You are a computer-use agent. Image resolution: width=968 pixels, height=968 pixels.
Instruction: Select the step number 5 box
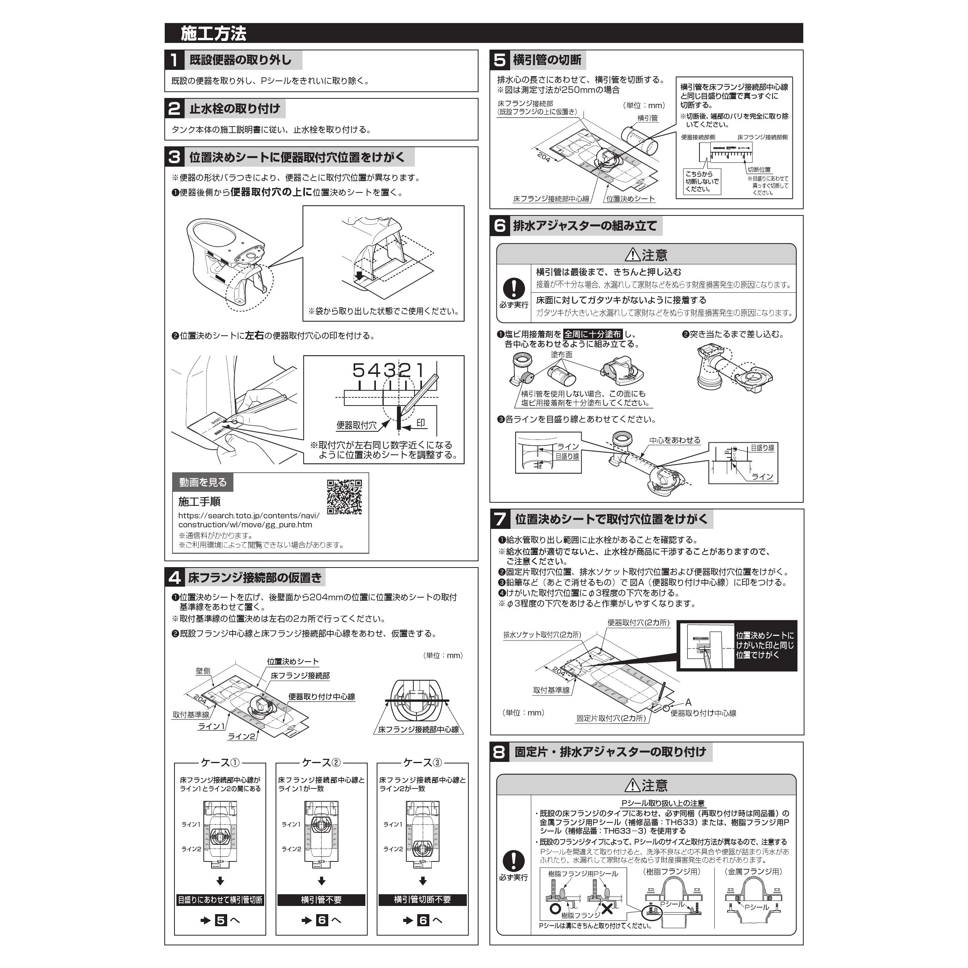(x=500, y=60)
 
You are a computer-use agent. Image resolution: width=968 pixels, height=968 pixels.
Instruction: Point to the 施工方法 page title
(x=214, y=34)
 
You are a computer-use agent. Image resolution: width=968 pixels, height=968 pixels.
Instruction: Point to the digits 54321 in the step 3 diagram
(x=388, y=371)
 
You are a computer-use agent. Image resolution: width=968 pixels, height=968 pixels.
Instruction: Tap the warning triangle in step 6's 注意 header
(x=632, y=255)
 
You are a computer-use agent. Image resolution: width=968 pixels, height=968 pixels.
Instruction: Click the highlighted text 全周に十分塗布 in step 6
(x=593, y=334)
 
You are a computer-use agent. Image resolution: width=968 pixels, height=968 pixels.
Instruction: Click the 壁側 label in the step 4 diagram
(x=203, y=671)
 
